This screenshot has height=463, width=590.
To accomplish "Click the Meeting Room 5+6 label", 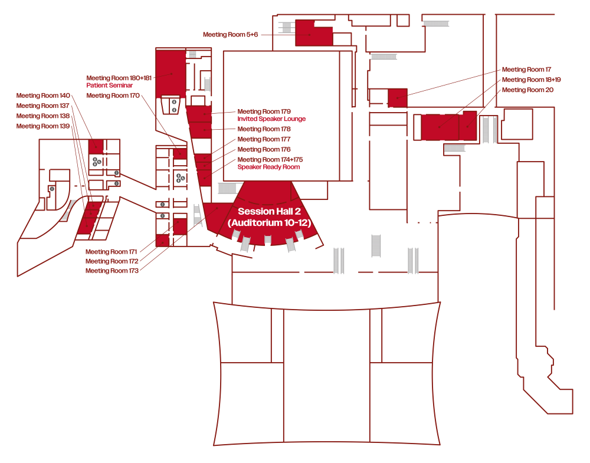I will coord(231,35).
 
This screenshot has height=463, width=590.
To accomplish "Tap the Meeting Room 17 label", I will coord(526,70).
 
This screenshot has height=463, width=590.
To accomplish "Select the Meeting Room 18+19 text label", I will coord(531,80).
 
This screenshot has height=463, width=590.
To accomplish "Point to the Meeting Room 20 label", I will coord(527,90).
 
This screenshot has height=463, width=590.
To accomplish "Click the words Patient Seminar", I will coord(109,86).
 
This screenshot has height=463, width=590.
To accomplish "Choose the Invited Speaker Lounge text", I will coord(271,119).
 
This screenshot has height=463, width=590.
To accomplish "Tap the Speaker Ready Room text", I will coord(268,167).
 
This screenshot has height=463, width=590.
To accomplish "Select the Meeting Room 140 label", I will coord(43,96).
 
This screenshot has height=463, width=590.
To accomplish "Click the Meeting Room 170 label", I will coord(112,96).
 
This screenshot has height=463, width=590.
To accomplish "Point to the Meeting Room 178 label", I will coord(264,129).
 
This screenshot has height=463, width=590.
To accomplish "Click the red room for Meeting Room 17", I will coord(398,97).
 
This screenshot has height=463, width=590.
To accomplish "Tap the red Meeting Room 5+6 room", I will coord(313,34).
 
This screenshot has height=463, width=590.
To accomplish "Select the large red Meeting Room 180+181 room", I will coord(171,73).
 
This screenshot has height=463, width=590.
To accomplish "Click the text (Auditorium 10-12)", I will coord(269,223).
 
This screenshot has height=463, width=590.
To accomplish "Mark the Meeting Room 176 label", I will coord(264,150).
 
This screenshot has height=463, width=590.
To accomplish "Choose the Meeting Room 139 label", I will coord(43,126).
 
